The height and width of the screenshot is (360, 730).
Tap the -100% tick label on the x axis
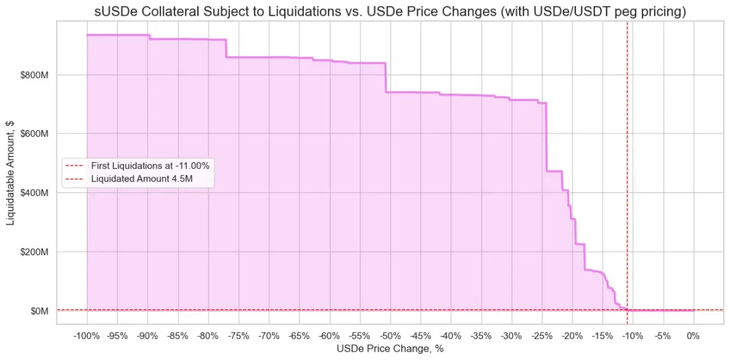[86, 336]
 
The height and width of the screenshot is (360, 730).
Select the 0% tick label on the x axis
[693, 336]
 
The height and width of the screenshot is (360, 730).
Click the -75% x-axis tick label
[238, 336]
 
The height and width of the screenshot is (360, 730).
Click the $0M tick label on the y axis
[40, 311]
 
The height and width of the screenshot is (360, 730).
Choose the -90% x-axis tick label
[147, 336]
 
